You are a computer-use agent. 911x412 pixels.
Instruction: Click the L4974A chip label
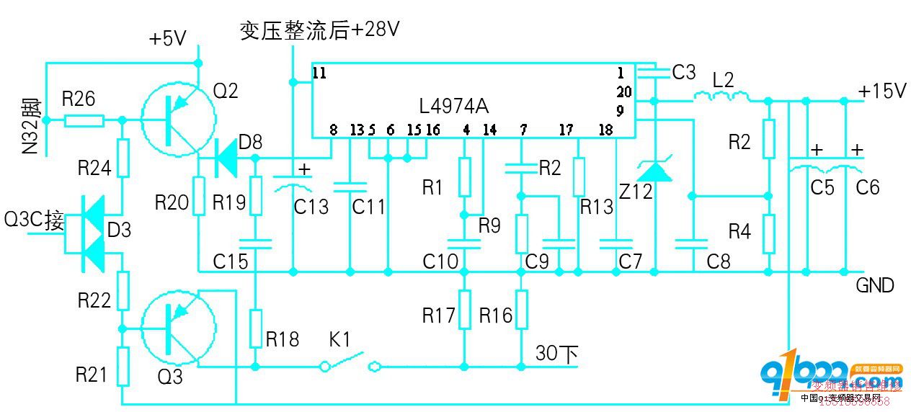click(453, 107)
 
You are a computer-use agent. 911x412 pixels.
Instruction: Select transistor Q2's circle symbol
click(178, 120)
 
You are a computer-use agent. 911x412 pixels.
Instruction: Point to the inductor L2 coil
click(721, 96)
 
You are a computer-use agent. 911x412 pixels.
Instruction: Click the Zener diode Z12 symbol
click(655, 171)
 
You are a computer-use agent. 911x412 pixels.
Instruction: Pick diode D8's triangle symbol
click(227, 158)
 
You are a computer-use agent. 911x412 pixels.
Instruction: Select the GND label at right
click(875, 285)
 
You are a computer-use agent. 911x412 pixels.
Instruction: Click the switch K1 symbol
click(350, 364)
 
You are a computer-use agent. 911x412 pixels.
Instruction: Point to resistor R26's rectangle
click(84, 120)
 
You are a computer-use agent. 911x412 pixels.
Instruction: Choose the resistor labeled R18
click(255, 328)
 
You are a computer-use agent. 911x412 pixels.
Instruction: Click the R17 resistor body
click(465, 310)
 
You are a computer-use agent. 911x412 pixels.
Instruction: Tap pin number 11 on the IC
click(320, 73)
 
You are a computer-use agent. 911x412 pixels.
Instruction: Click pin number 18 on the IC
click(605, 130)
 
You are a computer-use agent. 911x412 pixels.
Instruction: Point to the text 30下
click(556, 353)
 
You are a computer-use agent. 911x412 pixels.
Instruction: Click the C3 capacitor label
click(683, 72)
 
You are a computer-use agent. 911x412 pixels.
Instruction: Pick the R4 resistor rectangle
click(769, 233)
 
